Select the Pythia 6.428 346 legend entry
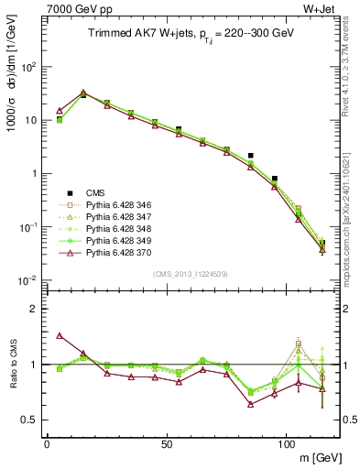pyautogui.click(x=115, y=203)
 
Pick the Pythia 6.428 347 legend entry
pyautogui.click(x=115, y=215)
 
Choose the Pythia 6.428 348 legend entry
pyautogui.click(x=115, y=227)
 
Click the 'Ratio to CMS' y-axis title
pyautogui.click(x=16, y=364)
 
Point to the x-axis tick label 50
pyautogui.click(x=166, y=442)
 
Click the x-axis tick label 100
pyautogui.click(x=286, y=442)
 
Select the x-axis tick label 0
pyautogui.click(x=47, y=442)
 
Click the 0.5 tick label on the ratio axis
pyautogui.click(x=31, y=420)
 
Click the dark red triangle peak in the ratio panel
pyautogui.click(x=60, y=335)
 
